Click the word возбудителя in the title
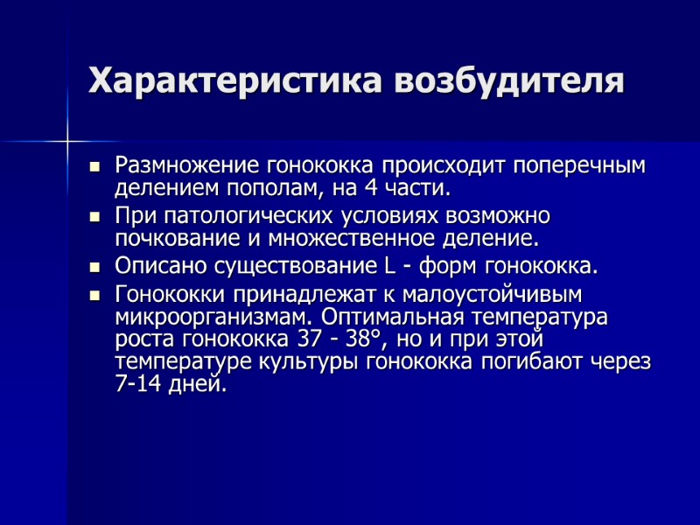pyautogui.click(x=510, y=80)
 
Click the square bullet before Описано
pyautogui.click(x=95, y=266)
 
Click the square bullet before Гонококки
pyautogui.click(x=95, y=294)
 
